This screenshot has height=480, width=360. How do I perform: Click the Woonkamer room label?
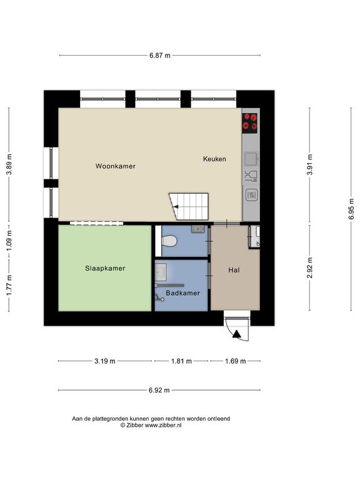[x=116, y=166]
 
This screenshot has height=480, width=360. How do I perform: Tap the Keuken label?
[x=214, y=159]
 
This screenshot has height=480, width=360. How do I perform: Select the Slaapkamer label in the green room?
[x=105, y=269]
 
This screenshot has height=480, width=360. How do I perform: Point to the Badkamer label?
[x=182, y=293]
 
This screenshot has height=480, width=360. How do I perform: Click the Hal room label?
[x=234, y=270]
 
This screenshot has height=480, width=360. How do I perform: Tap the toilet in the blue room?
[x=169, y=241]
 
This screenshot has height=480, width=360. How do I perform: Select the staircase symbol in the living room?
[x=189, y=206]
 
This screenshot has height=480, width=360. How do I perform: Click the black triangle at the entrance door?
[x=237, y=334]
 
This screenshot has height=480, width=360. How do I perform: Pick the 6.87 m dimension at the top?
[x=160, y=56]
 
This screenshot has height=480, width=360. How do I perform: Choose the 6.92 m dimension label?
[x=159, y=390]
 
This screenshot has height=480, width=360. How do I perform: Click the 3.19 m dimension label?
[x=105, y=361]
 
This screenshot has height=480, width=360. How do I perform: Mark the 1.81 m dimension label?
[x=181, y=361]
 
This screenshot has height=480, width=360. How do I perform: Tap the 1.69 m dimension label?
[x=236, y=361]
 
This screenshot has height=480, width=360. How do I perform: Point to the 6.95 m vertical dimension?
[x=351, y=209]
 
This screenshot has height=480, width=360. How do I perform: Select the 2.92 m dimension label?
[x=310, y=267]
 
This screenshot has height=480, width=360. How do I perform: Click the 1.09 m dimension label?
[x=9, y=240]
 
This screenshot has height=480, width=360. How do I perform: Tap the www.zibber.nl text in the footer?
[x=163, y=425]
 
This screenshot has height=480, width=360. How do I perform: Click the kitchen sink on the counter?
[x=251, y=159]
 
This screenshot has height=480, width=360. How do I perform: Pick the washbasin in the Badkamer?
[x=161, y=272]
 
